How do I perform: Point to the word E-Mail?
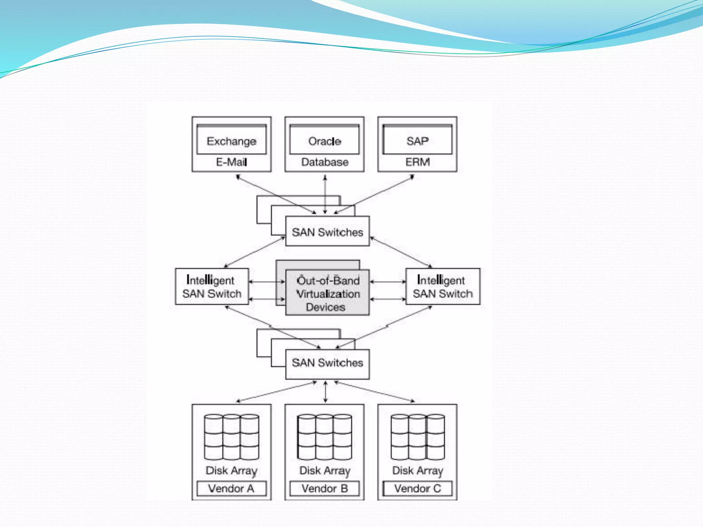tap(231, 162)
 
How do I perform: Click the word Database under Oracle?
tap(325, 162)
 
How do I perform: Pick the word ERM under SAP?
tap(417, 162)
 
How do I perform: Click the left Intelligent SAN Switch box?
tap(212, 286)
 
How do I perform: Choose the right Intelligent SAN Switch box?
tap(443, 286)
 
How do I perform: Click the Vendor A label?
tap(231, 488)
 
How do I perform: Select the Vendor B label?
tap(324, 488)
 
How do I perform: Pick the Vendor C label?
tap(417, 488)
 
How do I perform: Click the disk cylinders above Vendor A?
tap(231, 436)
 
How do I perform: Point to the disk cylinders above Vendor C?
tap(417, 436)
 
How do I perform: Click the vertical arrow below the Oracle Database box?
tap(325, 194)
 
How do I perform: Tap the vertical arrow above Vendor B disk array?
tap(325, 391)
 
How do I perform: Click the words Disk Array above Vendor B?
tap(325, 471)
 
